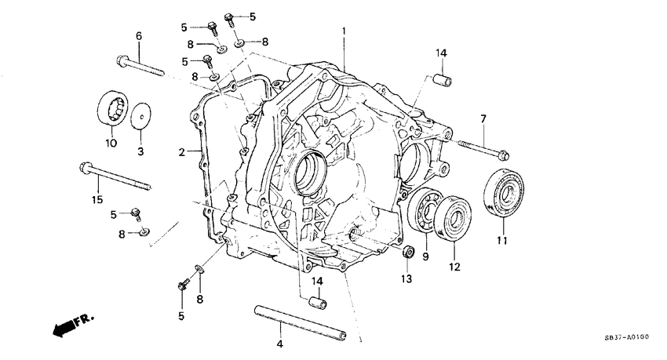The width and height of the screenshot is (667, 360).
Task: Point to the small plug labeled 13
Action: [x=407, y=252]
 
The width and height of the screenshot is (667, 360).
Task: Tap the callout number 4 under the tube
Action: [x=281, y=344]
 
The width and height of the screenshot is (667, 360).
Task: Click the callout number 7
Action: [x=483, y=118]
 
